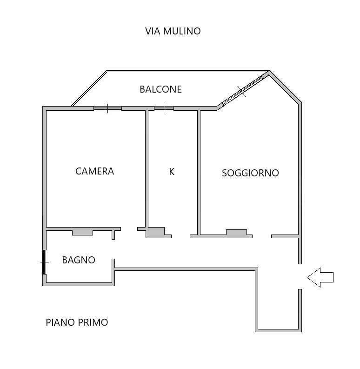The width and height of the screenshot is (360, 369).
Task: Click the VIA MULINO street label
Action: [x=173, y=31]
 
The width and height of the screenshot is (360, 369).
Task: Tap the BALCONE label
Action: [x=161, y=89]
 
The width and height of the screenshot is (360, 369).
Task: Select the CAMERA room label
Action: [x=94, y=171]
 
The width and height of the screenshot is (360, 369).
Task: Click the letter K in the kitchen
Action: [x=172, y=172]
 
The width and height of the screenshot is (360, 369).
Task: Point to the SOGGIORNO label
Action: [x=250, y=173]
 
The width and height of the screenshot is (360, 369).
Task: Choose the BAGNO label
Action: [x=79, y=260]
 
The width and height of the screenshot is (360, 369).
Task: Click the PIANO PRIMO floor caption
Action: [x=77, y=322]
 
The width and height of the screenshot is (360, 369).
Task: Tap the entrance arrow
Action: [x=320, y=277]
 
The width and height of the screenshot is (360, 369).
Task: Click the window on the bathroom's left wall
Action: [x=44, y=262]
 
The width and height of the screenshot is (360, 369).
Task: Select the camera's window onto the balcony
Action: [x=107, y=108]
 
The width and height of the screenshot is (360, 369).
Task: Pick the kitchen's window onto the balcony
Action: [x=164, y=108]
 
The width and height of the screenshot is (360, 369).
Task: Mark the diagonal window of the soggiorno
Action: [x=242, y=91]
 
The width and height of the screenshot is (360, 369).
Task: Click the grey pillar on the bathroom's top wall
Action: [x=82, y=233]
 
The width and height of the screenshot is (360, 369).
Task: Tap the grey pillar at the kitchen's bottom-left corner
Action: [x=155, y=233]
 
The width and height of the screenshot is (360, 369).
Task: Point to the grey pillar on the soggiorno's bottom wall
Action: [x=237, y=232]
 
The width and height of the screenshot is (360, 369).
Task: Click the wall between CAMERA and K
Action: [x=147, y=169]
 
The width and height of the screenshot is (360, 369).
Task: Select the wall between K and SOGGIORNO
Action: [x=199, y=173]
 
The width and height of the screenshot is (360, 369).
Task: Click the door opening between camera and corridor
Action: [x=129, y=229]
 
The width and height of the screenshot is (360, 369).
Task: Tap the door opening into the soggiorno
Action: [x=262, y=236]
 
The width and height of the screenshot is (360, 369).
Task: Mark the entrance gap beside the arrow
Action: [x=300, y=277]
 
